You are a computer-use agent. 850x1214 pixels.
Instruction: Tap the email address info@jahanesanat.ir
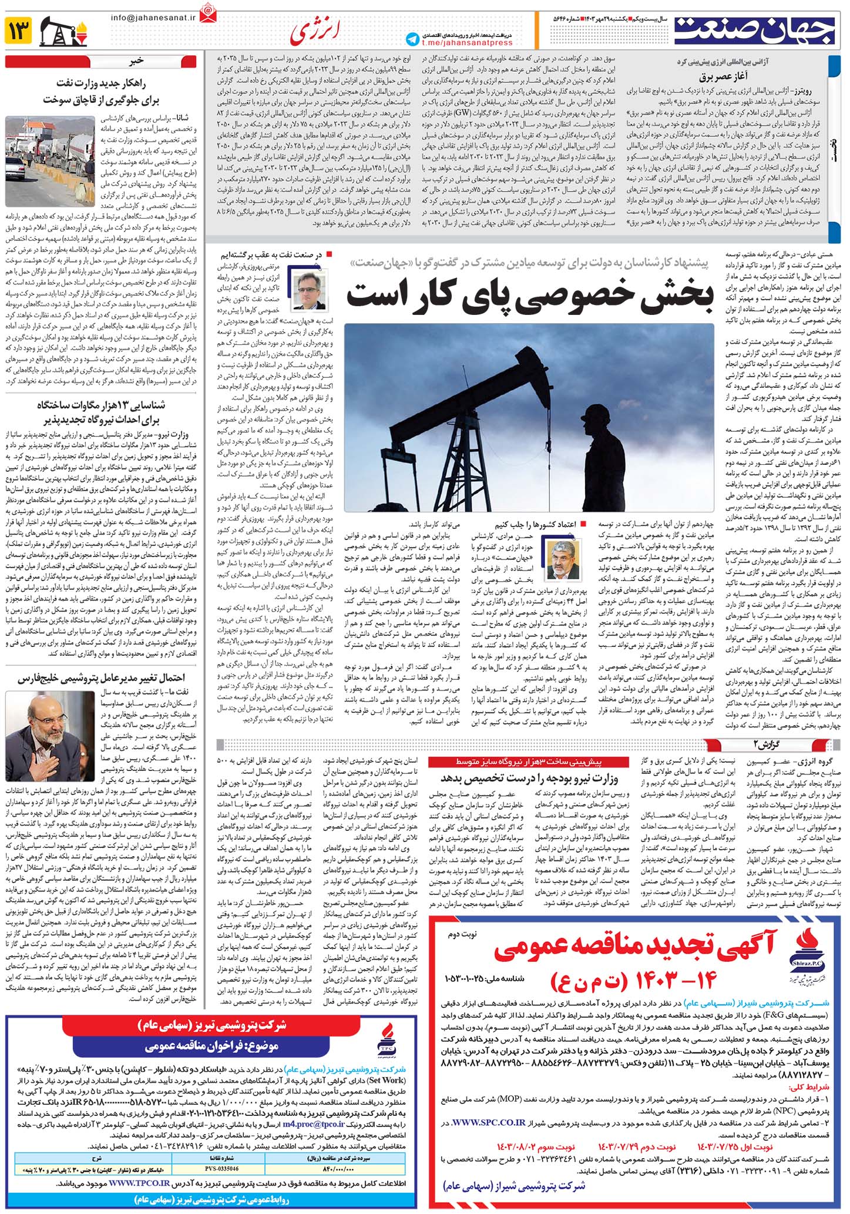(152, 17)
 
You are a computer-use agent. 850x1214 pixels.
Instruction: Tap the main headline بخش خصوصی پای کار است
(529, 294)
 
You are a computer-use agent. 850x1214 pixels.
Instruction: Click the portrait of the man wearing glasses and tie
(310, 289)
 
